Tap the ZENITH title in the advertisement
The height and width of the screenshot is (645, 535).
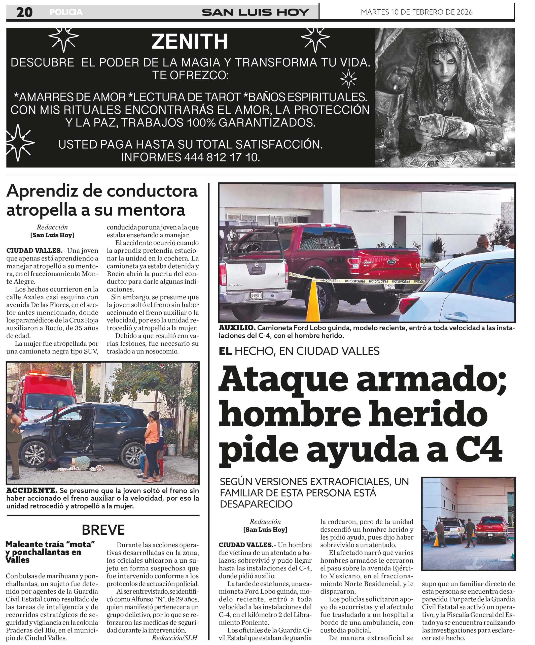click(x=189, y=42)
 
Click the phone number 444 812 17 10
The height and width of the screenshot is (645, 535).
click(x=221, y=157)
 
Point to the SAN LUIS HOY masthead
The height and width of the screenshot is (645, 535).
click(x=255, y=12)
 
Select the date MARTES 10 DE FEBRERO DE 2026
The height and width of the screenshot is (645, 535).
click(x=416, y=12)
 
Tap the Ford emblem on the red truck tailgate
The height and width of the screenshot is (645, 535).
click(x=392, y=262)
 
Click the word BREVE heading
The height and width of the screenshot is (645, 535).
click(x=103, y=530)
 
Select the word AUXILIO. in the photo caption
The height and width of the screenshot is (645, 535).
click(x=237, y=328)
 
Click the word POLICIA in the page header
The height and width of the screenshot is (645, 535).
click(x=66, y=12)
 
